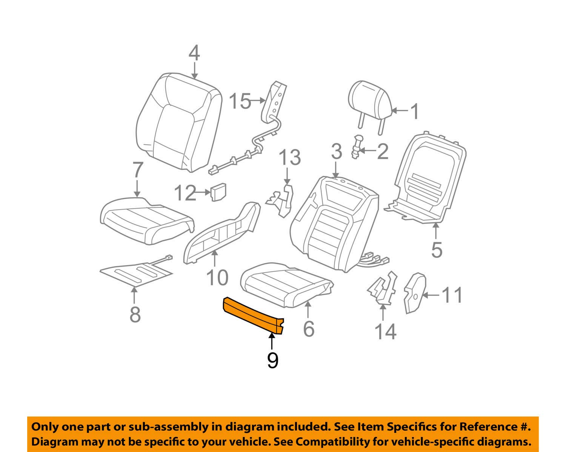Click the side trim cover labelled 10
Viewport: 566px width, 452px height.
click(223, 234)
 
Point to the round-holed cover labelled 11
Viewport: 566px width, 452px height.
click(414, 292)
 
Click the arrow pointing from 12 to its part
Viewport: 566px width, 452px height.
click(203, 193)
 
